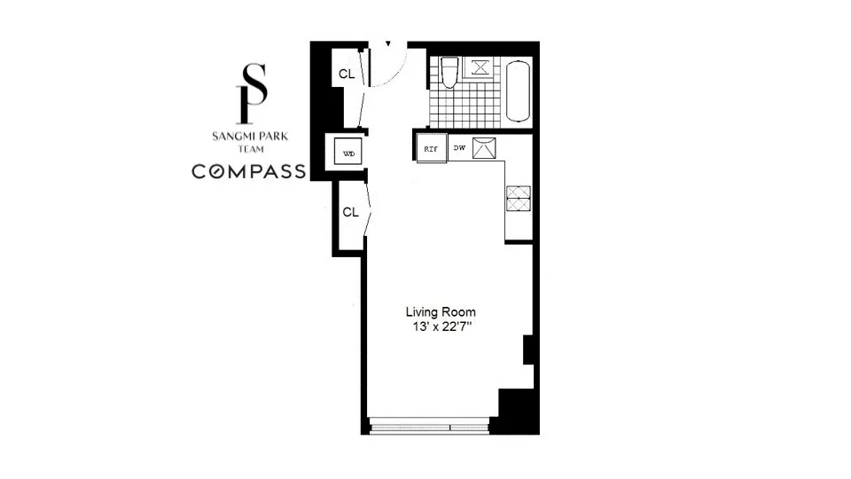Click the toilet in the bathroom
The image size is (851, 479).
pos(449,73)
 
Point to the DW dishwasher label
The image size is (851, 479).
pos(459,148)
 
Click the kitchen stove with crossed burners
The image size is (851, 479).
pos(518,198)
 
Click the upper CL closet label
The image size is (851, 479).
pos(347,75)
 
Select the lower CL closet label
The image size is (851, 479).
pos(351,212)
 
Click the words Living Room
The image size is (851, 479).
pos(441,311)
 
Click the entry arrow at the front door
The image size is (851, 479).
pos(387,43)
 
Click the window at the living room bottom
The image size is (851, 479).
pos(429,428)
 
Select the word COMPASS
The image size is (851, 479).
pos(249,171)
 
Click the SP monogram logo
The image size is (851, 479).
pos(254,94)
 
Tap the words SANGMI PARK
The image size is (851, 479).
pos(249,137)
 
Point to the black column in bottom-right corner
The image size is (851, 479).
pos(516,410)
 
